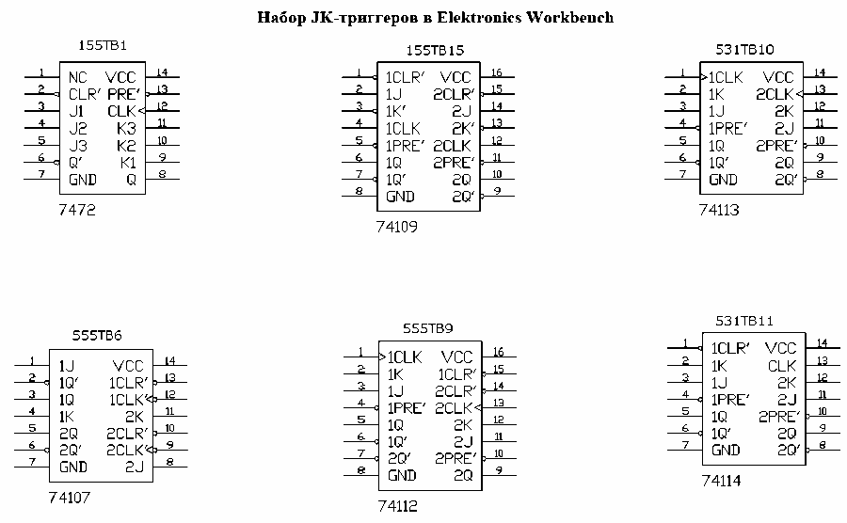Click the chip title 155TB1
(102, 45)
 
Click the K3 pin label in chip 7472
(127, 127)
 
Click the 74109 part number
(395, 227)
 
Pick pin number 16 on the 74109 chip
(497, 72)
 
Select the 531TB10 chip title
(744, 47)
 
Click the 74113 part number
(719, 211)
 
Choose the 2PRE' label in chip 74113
(776, 145)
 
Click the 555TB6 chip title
(97, 336)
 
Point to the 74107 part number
(69, 497)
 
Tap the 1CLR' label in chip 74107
(128, 383)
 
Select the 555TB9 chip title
(428, 328)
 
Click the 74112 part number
(397, 506)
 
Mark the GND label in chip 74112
(403, 475)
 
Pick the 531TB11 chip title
(744, 321)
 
